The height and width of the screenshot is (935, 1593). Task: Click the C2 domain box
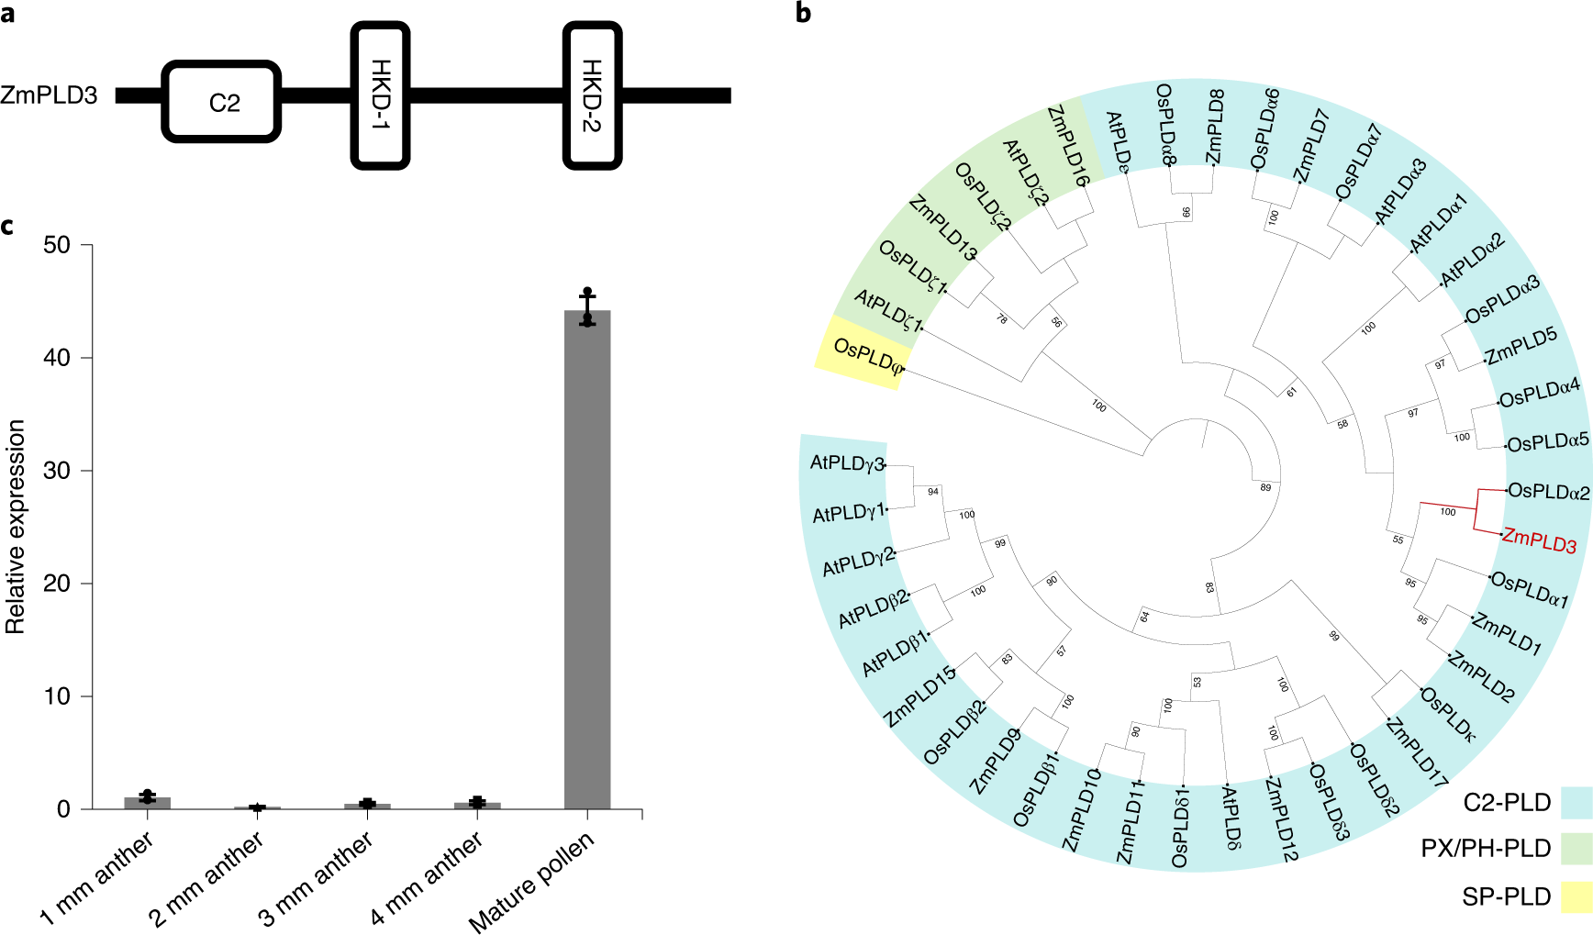click(221, 102)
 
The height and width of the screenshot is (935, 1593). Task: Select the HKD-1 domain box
click(380, 95)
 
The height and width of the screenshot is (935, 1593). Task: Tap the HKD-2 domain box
click(592, 95)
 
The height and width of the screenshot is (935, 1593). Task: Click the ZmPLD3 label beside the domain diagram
click(49, 95)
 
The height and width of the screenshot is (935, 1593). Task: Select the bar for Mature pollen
click(587, 560)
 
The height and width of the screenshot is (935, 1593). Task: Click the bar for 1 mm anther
click(147, 803)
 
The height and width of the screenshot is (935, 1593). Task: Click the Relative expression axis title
click(16, 527)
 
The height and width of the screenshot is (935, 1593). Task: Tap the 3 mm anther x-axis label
click(316, 879)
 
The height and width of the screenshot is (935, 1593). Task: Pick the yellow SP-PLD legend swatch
click(1576, 896)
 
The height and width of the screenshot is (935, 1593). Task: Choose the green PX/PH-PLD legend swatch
click(1576, 848)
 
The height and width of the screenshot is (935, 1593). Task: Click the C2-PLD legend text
click(1507, 802)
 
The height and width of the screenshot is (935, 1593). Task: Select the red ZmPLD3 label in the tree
click(1539, 541)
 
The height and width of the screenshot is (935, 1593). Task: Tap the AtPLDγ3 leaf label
click(846, 463)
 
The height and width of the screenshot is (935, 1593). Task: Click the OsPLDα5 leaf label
click(1547, 442)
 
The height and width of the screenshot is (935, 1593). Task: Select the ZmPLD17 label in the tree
click(1416, 752)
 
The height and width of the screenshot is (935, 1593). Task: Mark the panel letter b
click(803, 13)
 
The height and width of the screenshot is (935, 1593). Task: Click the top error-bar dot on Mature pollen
click(587, 292)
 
